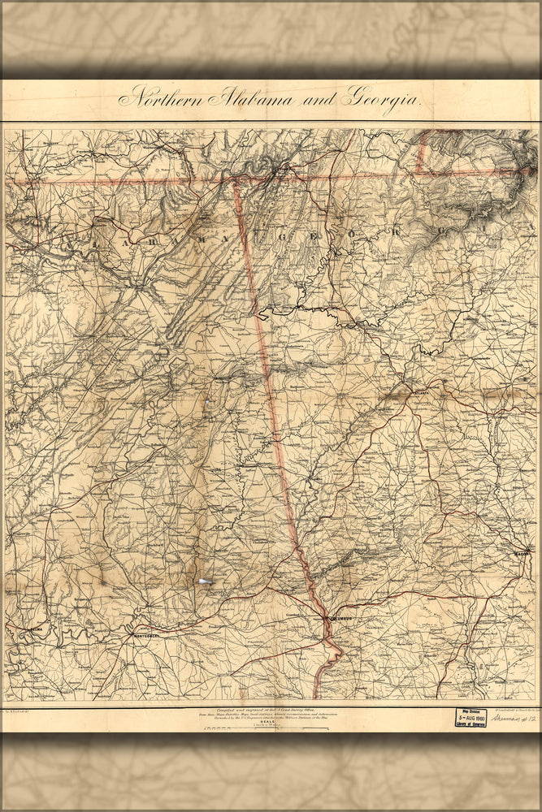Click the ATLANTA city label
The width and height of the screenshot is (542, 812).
click(x=421, y=391)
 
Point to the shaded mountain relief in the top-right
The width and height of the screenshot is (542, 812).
click(x=479, y=175)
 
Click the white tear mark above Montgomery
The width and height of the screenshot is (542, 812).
click(x=204, y=581)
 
